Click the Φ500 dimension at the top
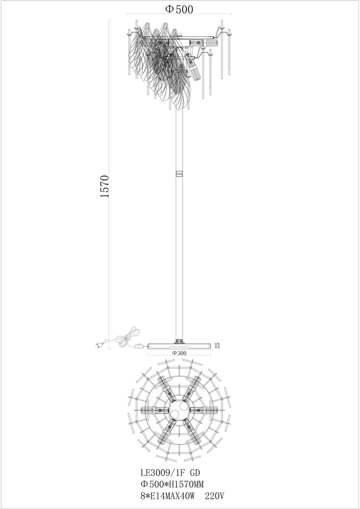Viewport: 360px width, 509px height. (x=179, y=9)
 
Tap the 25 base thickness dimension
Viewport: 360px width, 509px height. (x=217, y=346)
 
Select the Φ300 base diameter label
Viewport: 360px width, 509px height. (x=179, y=353)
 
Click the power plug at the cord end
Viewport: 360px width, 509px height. (x=99, y=345)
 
